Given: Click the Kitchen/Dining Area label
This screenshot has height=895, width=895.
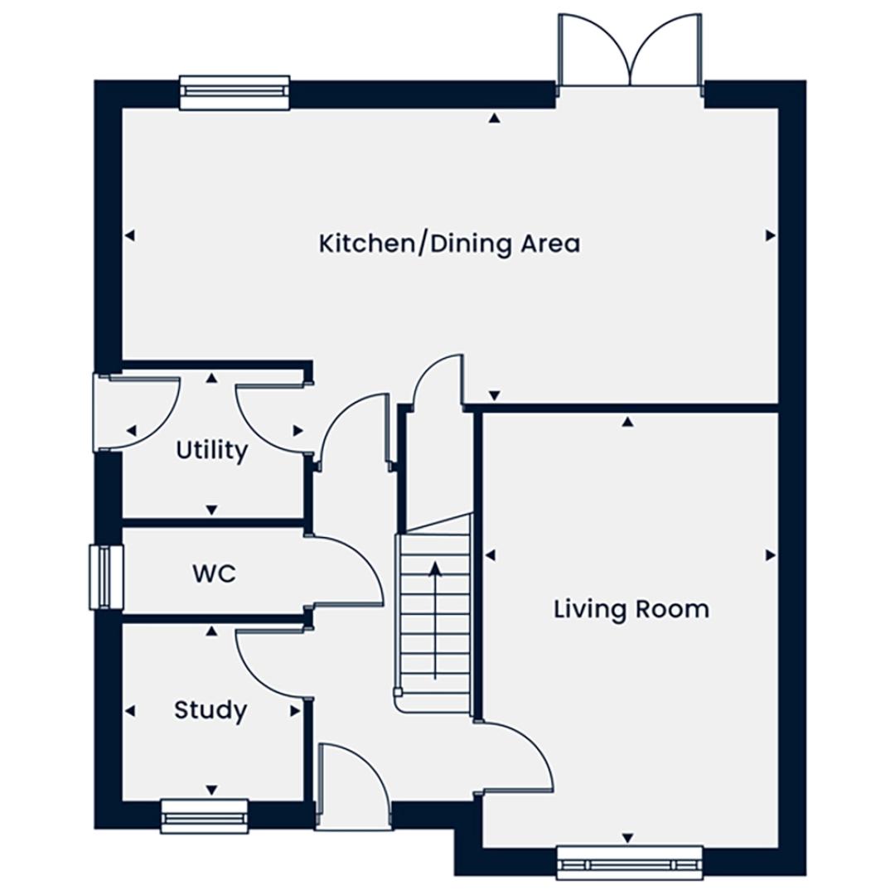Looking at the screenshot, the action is [449, 244].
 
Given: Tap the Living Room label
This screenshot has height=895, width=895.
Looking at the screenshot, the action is [631, 609].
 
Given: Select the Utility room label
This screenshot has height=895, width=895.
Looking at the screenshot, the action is [212, 451].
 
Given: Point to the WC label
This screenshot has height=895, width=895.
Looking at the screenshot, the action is [214, 573].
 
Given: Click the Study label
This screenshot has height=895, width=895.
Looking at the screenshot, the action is [210, 711].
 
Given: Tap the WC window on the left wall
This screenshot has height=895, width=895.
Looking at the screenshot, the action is [105, 577].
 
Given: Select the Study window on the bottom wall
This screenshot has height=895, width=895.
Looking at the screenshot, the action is [205, 816].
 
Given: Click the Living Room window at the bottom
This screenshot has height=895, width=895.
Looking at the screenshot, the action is [629, 862].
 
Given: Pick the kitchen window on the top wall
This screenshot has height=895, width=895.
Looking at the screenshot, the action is [235, 93].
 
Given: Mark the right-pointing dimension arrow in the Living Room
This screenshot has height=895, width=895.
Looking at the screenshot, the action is [770, 554].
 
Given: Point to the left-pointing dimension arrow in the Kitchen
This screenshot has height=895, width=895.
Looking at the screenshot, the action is [130, 235].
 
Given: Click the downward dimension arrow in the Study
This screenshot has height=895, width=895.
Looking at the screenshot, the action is [212, 790].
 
